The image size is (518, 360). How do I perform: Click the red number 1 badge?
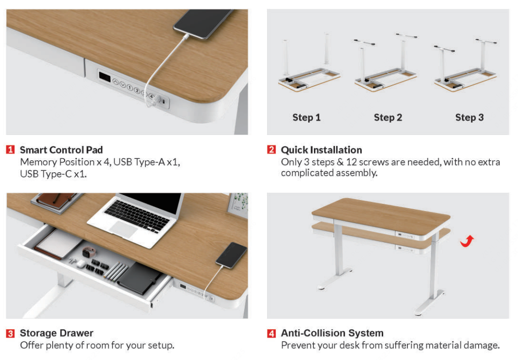[x=10, y=150]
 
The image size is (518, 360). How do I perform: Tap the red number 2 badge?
[x=271, y=150]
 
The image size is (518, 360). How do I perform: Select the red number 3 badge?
[x=10, y=333]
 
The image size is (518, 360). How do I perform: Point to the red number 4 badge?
[x=271, y=333]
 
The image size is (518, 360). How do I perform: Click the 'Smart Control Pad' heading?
[x=61, y=150]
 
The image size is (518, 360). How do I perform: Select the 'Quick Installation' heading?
[x=321, y=150]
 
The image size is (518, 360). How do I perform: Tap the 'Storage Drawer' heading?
[x=57, y=333]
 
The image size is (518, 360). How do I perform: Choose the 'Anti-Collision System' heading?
[x=332, y=333]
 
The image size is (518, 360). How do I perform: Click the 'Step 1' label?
[x=307, y=118]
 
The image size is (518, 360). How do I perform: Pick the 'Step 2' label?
[x=388, y=118]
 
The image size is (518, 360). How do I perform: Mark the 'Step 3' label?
[x=469, y=118]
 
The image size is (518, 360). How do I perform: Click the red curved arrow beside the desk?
[x=467, y=241]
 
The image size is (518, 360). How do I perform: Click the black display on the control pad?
[x=104, y=77]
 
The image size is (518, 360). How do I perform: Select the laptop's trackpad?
[x=123, y=228]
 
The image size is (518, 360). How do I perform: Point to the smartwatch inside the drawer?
[x=88, y=253]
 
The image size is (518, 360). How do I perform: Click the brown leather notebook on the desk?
[x=55, y=200]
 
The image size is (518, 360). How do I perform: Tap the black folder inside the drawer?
[x=139, y=278]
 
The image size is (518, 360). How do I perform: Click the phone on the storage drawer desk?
[x=231, y=255]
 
